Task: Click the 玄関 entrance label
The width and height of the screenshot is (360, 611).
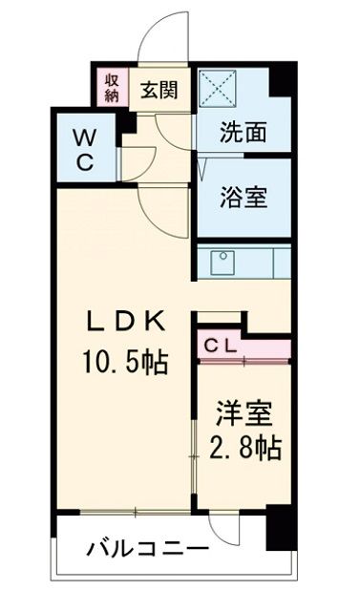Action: [x=159, y=91]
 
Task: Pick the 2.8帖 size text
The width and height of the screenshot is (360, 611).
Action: [x=245, y=449]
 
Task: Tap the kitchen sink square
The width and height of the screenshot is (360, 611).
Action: [x=221, y=261]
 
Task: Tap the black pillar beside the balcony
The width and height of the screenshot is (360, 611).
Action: [x=277, y=530]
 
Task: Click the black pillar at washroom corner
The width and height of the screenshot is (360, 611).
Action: [x=279, y=81]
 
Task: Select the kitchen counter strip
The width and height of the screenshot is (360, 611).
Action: [x=244, y=261]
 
